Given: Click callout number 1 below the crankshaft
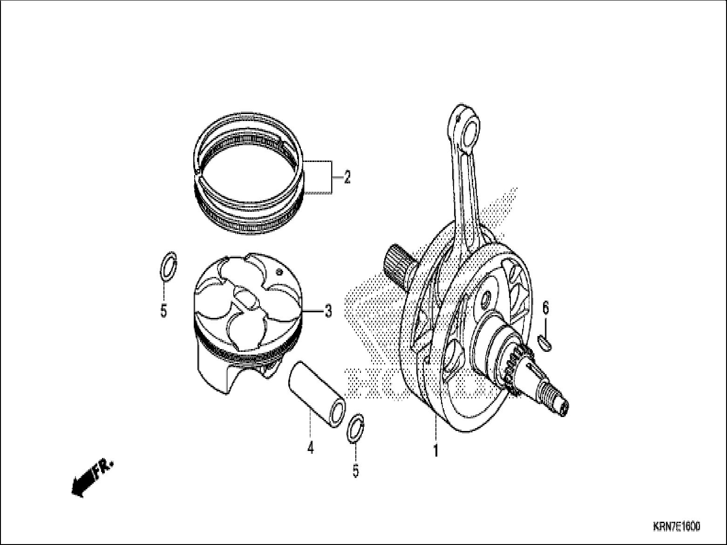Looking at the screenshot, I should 436,451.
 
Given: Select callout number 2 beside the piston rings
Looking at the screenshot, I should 347,177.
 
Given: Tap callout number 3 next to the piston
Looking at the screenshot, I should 328,310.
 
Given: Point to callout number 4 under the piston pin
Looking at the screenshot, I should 310,448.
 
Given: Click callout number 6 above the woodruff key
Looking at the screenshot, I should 545,308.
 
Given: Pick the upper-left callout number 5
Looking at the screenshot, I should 163,310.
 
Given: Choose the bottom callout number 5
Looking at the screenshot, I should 355,471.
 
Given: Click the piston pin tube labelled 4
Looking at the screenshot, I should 317,384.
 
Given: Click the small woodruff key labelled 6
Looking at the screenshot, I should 545,344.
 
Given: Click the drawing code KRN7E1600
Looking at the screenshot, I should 676,527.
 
